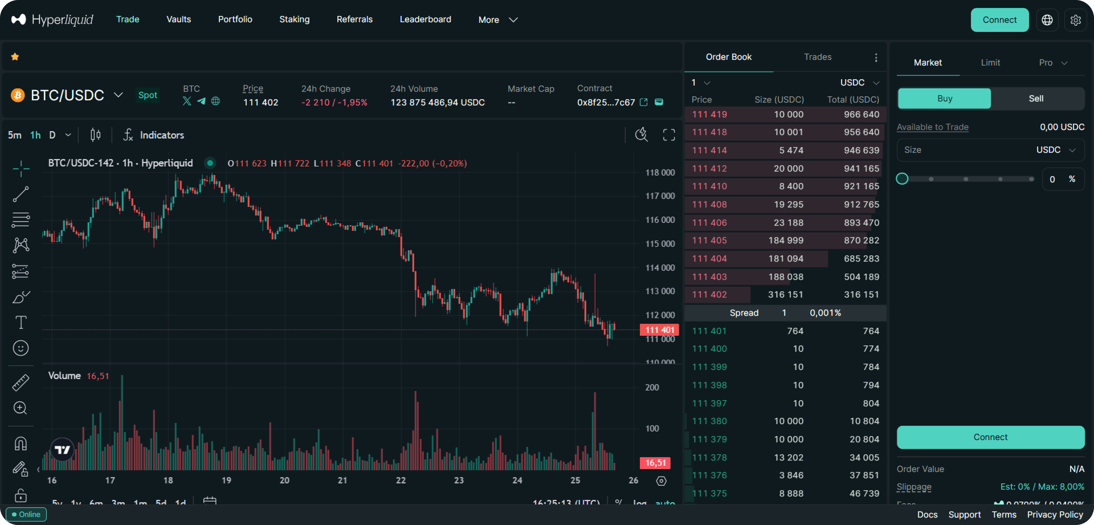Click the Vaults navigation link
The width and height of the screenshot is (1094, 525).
point(178,20)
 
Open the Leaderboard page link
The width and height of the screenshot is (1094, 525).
point(425,20)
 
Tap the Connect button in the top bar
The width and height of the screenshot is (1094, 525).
point(999,20)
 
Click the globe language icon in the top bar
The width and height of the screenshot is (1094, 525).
point(1047,20)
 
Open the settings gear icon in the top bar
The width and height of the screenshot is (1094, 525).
point(1075,20)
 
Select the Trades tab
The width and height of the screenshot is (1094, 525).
point(818,57)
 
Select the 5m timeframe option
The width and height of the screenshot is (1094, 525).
point(15,135)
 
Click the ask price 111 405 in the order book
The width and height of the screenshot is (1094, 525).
point(709,241)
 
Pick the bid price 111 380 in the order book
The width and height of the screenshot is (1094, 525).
point(709,421)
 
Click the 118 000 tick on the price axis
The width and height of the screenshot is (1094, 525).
point(660,172)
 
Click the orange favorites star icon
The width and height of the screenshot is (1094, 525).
point(15,56)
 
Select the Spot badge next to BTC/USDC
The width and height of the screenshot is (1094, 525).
point(147,95)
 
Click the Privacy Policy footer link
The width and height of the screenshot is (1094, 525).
point(1055,514)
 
